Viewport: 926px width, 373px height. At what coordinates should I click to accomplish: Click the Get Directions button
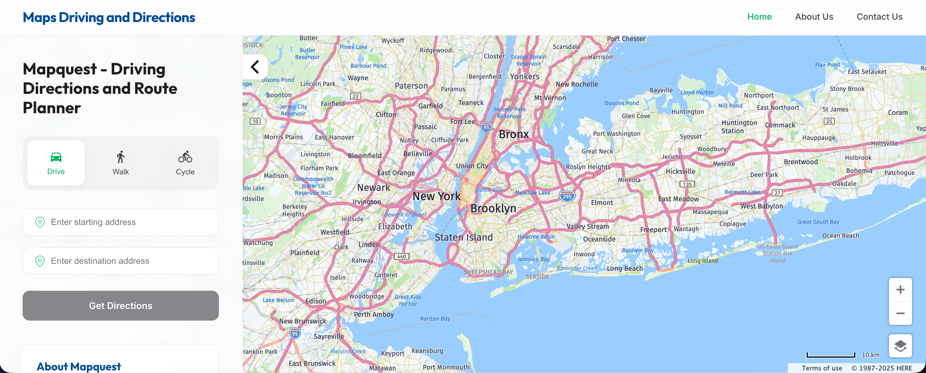(x=120, y=305)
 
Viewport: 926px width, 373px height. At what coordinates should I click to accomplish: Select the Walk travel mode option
(x=120, y=163)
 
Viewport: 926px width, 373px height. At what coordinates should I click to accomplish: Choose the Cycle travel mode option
(x=185, y=163)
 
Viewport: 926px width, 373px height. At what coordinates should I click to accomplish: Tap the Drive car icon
(x=56, y=158)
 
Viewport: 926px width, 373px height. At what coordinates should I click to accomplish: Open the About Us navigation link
(x=814, y=17)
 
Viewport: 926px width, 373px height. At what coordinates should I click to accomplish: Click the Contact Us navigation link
(x=879, y=17)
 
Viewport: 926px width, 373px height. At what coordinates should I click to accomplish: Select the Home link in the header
(x=759, y=17)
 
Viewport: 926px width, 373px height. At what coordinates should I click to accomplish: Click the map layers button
(x=900, y=346)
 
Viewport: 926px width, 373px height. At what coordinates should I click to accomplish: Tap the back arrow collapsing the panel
(x=255, y=67)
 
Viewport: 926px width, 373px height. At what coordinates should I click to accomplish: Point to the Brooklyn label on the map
(x=493, y=208)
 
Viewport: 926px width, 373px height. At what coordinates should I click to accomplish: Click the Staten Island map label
(x=464, y=237)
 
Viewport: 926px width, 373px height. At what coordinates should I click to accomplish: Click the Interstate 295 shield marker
(x=567, y=196)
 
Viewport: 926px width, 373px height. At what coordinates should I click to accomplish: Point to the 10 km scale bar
(x=831, y=355)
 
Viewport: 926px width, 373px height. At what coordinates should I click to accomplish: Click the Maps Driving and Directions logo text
(x=109, y=17)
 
